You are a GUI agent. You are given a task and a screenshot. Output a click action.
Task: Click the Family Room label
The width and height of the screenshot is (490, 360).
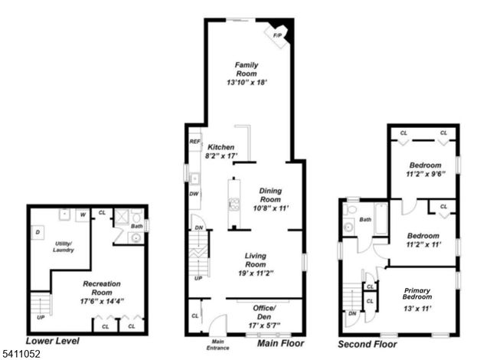tap(246, 69)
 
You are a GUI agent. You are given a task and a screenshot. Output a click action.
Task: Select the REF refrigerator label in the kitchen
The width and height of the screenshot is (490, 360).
tap(194, 142)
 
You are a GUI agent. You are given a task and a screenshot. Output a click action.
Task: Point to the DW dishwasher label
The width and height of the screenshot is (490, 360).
tap(195, 193)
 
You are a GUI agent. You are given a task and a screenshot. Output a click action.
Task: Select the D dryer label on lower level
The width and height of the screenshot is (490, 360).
tap(38, 231)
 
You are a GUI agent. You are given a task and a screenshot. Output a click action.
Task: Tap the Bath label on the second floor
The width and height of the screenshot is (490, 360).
tap(365, 219)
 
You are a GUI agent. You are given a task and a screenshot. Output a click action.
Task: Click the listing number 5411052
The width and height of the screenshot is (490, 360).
tap(19, 354)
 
